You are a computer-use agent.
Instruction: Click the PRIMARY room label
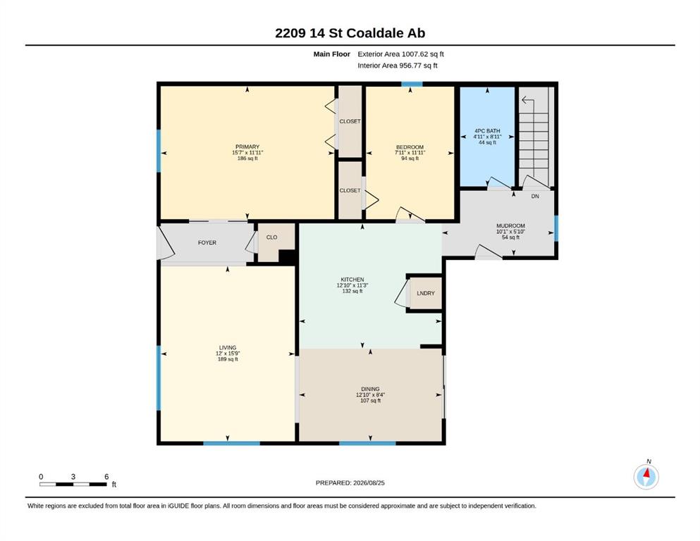point(247,147)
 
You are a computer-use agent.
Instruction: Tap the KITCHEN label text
point(352,280)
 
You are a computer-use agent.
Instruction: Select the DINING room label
point(370,389)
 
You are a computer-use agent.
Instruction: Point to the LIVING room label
point(228,347)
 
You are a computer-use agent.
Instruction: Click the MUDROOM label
point(510,225)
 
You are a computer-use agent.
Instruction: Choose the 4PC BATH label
point(488,131)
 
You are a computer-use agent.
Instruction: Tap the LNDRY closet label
point(426,293)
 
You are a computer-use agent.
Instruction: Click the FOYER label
point(207,242)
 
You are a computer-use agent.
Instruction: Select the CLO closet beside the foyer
point(272,237)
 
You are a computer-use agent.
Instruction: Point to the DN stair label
point(535,197)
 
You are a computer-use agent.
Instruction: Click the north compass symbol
point(646,476)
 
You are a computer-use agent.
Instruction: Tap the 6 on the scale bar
point(106,477)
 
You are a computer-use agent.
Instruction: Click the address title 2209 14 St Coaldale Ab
point(350,33)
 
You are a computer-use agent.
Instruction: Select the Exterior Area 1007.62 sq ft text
point(400,54)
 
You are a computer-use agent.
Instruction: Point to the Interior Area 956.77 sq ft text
point(398,66)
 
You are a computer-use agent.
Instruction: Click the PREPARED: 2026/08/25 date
point(350,483)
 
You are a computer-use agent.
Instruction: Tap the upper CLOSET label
point(350,121)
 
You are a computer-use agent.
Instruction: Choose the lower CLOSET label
point(350,190)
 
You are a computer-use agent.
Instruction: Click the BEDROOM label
point(410,147)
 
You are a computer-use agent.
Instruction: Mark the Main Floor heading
point(332,54)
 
